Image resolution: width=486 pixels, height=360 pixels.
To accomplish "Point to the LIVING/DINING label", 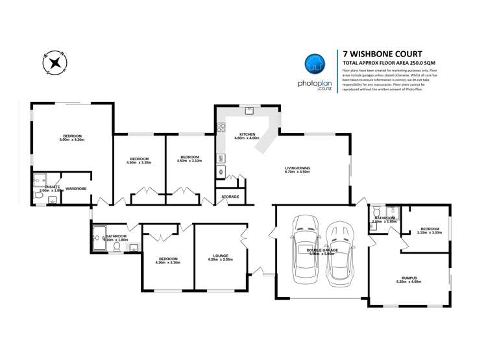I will (x=297, y=169).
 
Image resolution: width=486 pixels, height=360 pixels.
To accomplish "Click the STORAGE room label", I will (x=230, y=197).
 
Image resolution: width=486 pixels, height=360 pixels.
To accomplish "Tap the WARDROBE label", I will (x=76, y=189).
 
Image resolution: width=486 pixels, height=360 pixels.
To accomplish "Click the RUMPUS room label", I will (x=408, y=276).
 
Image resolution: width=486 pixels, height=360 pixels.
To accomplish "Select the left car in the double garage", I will (x=305, y=249).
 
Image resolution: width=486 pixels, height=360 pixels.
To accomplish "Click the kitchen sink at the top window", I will (x=248, y=111).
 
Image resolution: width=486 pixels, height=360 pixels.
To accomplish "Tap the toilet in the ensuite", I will (x=39, y=194).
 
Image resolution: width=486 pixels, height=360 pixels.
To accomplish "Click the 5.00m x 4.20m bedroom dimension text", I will (x=72, y=140).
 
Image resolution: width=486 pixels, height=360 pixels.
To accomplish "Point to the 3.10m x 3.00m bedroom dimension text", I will (x=430, y=233).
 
